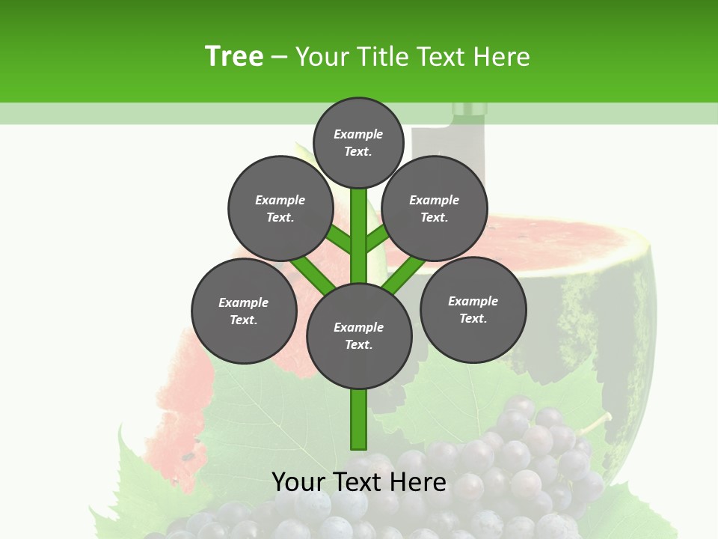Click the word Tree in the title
234,56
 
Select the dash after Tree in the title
280,58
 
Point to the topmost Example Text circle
358,142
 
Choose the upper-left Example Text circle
280,208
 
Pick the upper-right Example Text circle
435,208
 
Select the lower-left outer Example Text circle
244,311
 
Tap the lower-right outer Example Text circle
473,308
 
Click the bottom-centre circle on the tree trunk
358,335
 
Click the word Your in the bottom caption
298,482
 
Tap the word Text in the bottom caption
358,482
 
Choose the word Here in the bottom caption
419,482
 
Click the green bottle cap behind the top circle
470,110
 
